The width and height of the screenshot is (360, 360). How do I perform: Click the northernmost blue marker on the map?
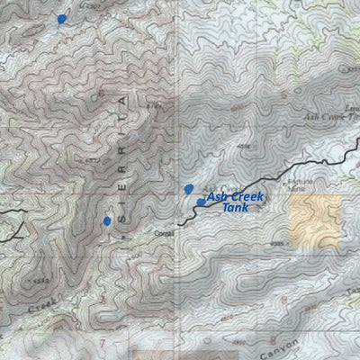[61, 18]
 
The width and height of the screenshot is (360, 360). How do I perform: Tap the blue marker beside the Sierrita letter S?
[107, 220]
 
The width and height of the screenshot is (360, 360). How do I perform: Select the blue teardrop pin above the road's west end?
[188, 189]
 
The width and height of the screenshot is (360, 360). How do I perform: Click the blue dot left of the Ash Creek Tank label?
[200, 202]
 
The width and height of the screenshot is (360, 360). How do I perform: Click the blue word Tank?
[234, 208]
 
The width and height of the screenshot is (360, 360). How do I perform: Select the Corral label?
[163, 232]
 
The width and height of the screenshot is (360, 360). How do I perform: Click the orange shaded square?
[315, 221]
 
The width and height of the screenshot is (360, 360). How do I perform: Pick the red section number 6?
[101, 92]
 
